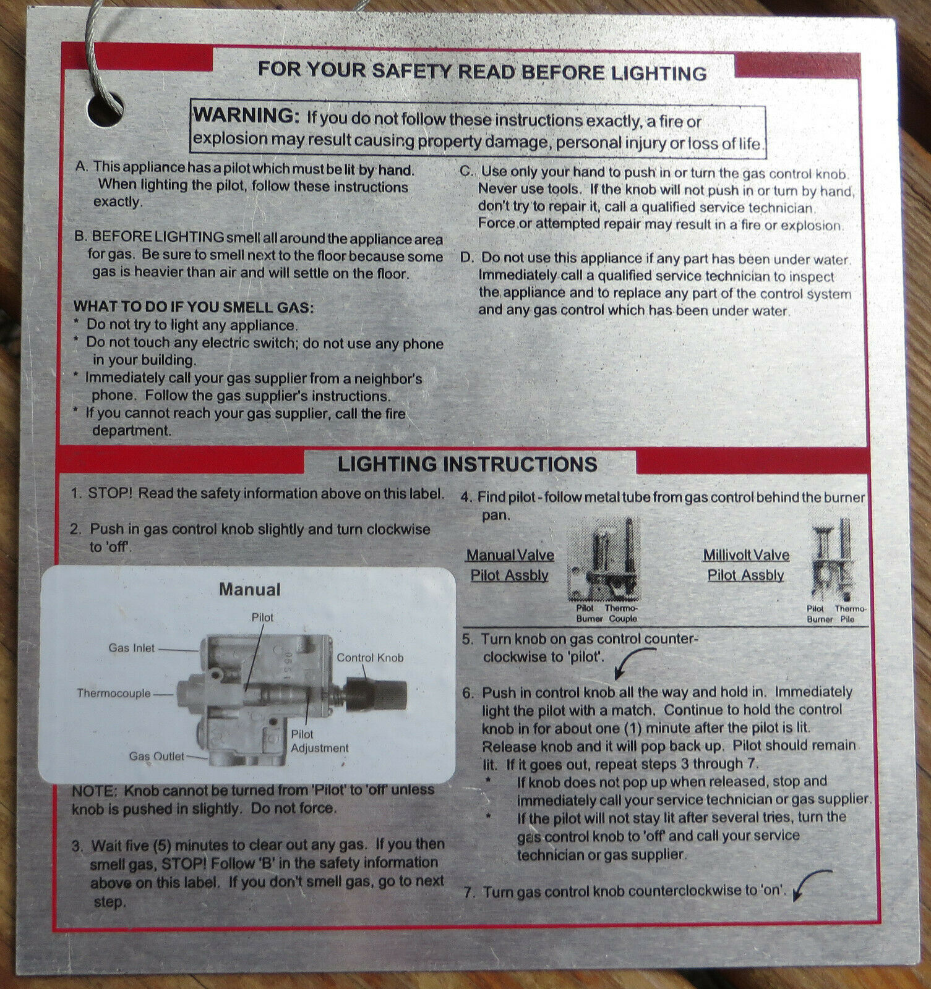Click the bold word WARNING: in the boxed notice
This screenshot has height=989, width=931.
point(246,116)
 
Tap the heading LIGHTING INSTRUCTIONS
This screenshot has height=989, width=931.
point(468,464)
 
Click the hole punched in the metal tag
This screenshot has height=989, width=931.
point(105,110)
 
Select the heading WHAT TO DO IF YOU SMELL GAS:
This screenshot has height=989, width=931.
point(194,307)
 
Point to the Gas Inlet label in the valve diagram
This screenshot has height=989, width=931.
point(132,648)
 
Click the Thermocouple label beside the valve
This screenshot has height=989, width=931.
point(114,693)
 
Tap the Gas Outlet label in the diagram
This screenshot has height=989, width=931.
point(157,756)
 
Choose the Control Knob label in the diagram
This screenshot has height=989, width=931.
point(370,658)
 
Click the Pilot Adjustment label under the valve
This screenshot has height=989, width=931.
point(320,741)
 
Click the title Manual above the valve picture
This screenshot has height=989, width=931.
point(249,590)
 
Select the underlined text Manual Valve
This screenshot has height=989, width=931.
point(510,555)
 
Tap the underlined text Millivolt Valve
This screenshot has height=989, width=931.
point(746,555)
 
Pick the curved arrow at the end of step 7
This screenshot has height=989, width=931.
point(810,882)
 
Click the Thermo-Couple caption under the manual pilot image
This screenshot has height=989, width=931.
point(622,613)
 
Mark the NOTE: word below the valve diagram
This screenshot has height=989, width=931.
point(94,791)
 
